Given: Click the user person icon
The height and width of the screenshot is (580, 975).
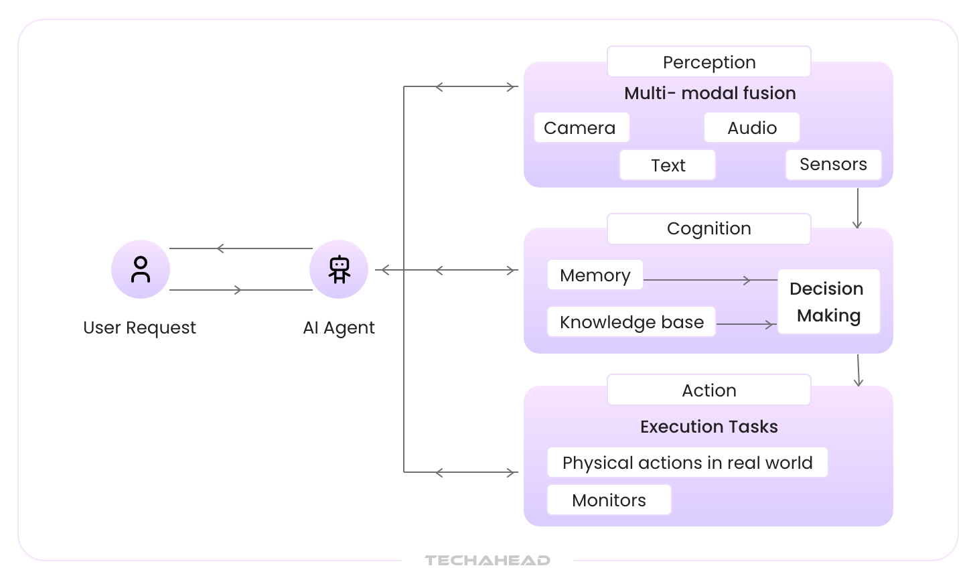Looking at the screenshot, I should tap(141, 269).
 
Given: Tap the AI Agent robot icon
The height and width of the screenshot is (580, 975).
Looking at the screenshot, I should tap(339, 269).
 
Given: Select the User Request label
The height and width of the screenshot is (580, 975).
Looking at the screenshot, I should tap(139, 328).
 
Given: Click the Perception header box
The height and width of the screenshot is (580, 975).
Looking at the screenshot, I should tap(708, 62).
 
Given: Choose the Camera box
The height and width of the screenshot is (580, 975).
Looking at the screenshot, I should tap(581, 128).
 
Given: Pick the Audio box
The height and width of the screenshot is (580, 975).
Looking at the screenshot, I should tap(751, 128).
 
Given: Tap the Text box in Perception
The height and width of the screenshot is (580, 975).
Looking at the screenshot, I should tap(668, 165).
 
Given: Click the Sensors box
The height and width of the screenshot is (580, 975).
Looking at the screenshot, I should tap(833, 165).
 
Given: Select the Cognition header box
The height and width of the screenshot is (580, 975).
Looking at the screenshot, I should tap(708, 229).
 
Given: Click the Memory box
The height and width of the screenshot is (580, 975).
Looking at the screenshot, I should tap(595, 275).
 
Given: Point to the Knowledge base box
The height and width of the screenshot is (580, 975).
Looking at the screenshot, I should tap(631, 322).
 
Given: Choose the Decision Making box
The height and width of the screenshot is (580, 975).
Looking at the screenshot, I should tap(828, 302).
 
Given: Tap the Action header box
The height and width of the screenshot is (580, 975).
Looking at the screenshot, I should tap(708, 390).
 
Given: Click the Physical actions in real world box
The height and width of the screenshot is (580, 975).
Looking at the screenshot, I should tap(687, 463).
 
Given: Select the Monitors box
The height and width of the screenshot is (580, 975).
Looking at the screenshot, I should tap(609, 500).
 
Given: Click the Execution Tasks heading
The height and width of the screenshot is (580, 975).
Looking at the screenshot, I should tap(708, 427).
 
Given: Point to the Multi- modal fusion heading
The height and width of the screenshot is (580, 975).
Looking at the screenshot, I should tap(710, 93).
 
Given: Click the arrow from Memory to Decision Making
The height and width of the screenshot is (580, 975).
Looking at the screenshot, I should tap(710, 280).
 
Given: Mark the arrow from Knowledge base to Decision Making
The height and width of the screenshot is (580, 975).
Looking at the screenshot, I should tap(745, 324).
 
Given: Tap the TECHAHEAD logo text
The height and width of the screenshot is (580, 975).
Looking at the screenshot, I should tap(487, 561).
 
